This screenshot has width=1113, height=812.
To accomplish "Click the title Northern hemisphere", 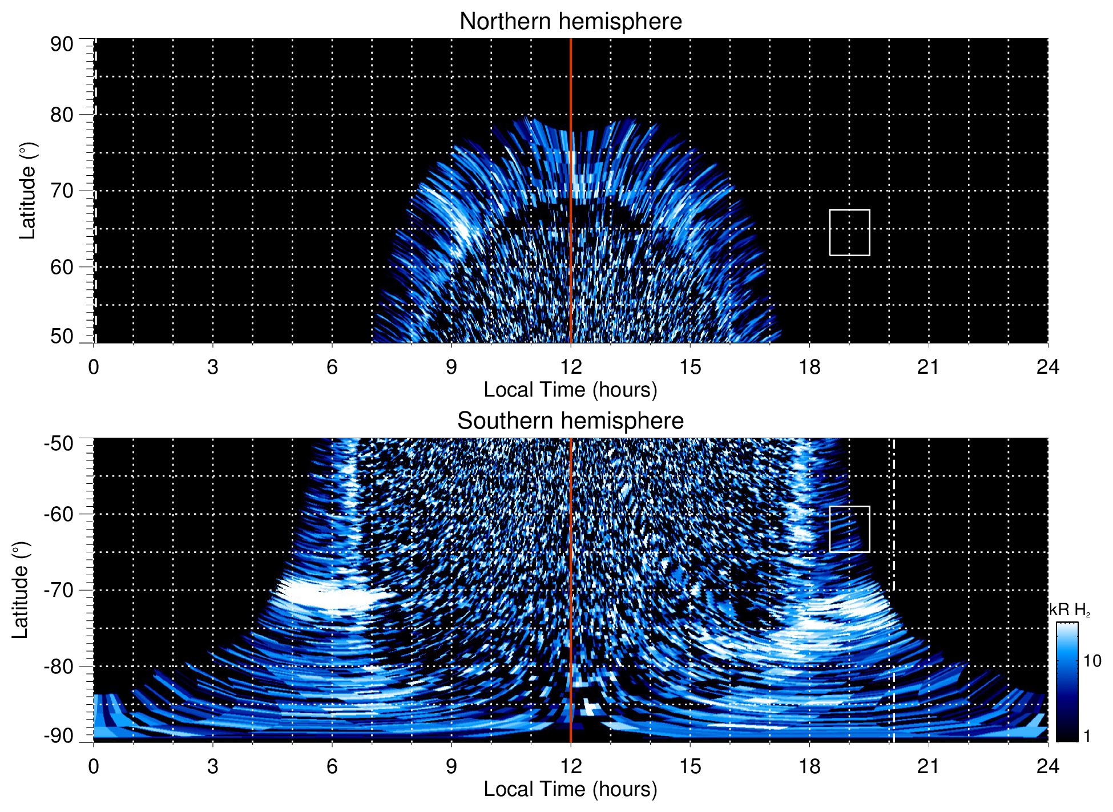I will [570, 22].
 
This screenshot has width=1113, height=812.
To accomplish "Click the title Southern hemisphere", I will [570, 421].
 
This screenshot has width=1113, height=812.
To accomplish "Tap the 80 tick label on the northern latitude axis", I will [62, 115].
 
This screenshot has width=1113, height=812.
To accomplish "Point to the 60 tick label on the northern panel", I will [62, 267].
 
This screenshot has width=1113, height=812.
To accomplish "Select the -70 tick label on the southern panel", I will [59, 590].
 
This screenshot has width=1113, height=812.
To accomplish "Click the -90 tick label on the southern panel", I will [59, 736].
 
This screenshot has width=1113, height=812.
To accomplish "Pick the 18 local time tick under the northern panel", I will [809, 367].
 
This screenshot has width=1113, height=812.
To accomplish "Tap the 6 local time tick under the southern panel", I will [332, 766].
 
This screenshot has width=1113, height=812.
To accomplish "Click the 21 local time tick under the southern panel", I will [929, 766].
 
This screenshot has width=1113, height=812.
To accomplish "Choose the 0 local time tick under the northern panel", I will [94, 367].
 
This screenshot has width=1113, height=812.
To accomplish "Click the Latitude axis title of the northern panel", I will [27, 191].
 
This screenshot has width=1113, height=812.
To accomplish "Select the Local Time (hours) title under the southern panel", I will [570, 789].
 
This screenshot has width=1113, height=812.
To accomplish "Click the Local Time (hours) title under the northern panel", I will [570, 390].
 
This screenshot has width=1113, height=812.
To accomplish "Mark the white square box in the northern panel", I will [849, 232].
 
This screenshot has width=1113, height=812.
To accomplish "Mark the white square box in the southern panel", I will [849, 529].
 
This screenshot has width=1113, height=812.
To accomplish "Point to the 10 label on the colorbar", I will [1092, 661].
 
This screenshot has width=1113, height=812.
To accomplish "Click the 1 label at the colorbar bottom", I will [1087, 736].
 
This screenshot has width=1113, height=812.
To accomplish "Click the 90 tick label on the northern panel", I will [62, 45].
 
